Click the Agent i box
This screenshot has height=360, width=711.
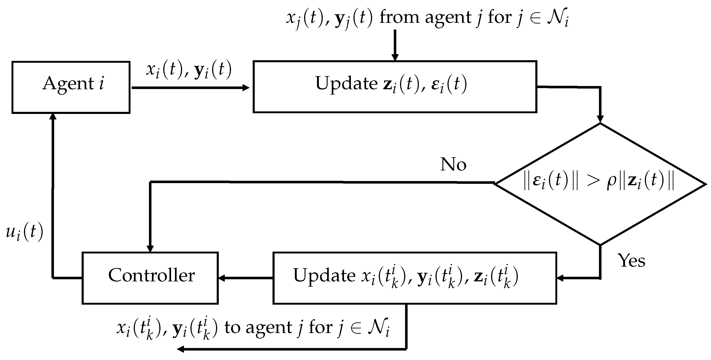coord(71,87)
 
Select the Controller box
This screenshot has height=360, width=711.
coord(150,278)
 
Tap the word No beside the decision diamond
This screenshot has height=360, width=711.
coord(453,165)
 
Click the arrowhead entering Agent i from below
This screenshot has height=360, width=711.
coord(52,117)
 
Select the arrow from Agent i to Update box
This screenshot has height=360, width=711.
coord(190,88)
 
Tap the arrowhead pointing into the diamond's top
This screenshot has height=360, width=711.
coord(600,119)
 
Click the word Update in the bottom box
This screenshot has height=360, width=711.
coord(324,276)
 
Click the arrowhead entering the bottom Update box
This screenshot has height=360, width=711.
coord(560,278)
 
